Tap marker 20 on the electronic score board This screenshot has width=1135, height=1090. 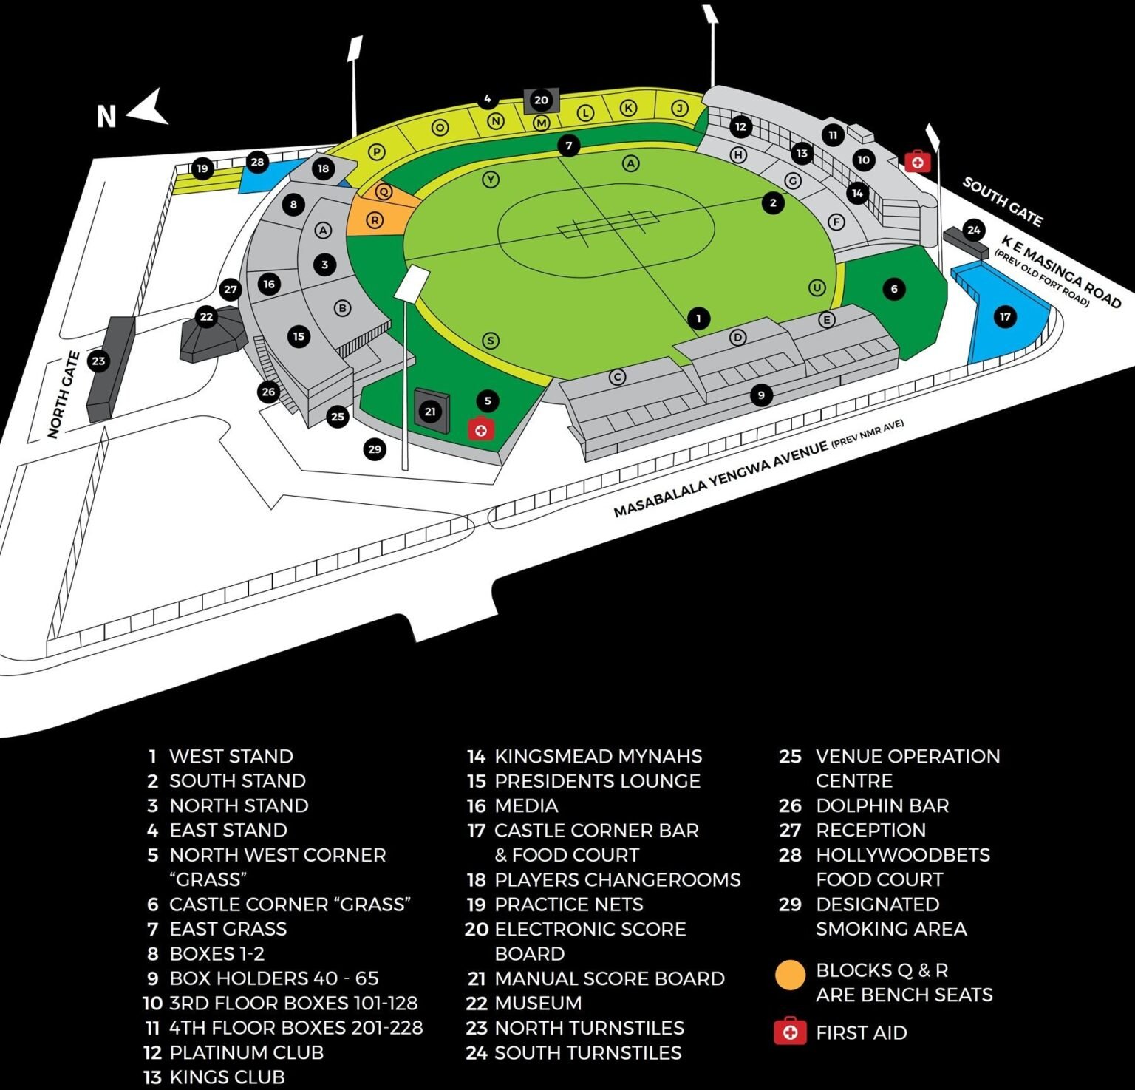pos(541,100)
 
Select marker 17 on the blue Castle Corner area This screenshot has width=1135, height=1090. pos(1005,317)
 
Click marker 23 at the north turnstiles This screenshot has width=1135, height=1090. pos(98,361)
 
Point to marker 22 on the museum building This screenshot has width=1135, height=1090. pos(206,317)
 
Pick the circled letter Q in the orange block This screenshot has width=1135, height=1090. pos(384,191)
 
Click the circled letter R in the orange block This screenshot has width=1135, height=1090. pos(375,219)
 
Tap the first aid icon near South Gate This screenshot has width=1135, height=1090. pos(917,160)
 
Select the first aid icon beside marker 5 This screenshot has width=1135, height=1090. pos(480,429)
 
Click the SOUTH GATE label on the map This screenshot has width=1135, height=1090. pos(1003,201)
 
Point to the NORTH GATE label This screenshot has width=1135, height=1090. pos(64,395)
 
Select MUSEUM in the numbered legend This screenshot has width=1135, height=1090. pos(537,1003)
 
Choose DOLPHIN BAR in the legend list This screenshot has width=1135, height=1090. pos(882,805)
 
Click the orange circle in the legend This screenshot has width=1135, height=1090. pos(790,975)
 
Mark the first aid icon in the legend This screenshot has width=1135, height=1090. pos(790,1031)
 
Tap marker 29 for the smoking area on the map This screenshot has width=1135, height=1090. pos(375,449)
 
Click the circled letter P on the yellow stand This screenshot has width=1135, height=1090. pos(377,152)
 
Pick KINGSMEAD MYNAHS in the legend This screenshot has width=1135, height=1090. pos(598,756)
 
